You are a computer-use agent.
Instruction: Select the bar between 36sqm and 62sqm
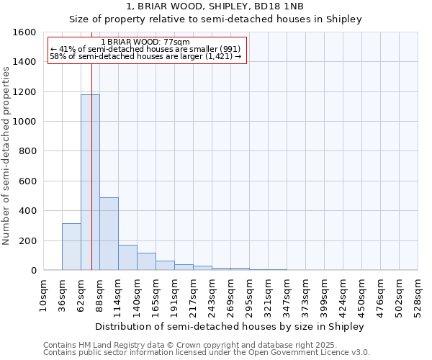(71, 247)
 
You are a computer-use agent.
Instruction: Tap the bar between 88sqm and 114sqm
(109, 234)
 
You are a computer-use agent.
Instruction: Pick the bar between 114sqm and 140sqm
(127, 258)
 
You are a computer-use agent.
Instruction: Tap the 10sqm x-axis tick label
(43, 295)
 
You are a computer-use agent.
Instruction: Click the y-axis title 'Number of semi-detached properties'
(7, 155)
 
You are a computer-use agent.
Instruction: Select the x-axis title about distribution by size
(230, 326)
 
